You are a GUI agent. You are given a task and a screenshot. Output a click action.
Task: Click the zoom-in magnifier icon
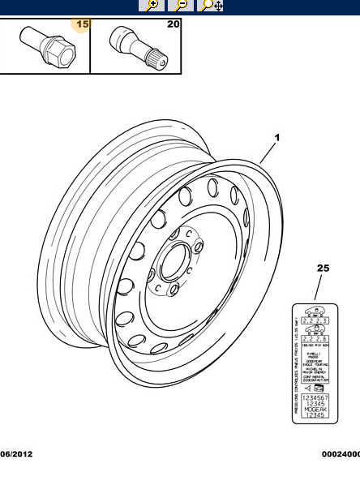click(152, 5)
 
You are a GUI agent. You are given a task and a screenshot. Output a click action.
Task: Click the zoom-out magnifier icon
click(182, 5)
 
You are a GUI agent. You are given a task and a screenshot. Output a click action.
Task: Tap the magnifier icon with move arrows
click(212, 5)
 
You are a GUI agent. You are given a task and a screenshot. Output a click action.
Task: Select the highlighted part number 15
click(82, 24)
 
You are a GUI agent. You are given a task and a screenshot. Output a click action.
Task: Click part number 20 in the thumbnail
click(173, 24)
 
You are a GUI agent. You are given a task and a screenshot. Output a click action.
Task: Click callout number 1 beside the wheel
click(276, 138)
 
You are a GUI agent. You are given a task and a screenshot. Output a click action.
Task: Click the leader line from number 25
click(319, 288)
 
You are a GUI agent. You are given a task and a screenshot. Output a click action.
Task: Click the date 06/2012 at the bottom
click(16, 455)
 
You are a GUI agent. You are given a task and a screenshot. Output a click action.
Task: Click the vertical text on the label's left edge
click(296, 365)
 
